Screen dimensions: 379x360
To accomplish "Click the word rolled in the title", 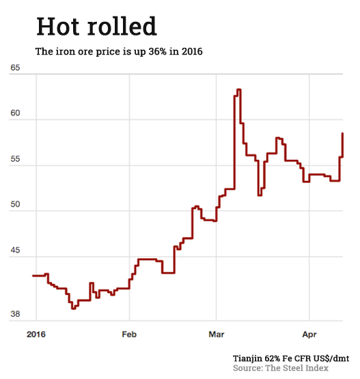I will (x=124, y=27).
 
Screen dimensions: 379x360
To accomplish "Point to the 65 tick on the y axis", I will (x=15, y=69).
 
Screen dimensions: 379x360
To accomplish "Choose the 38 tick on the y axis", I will (x=15, y=315).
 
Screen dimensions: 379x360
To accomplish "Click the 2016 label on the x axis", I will (x=35, y=335).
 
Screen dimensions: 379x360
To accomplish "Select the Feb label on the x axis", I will (x=129, y=335).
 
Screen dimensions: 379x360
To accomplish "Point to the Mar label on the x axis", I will (x=217, y=335).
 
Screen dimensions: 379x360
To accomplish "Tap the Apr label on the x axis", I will (x=309, y=335).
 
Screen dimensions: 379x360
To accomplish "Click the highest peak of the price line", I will (x=238, y=89).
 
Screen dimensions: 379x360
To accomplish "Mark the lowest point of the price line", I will (x=74, y=308).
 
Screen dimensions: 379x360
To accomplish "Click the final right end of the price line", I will (x=342, y=133).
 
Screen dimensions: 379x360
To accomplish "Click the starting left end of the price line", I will (x=33, y=275).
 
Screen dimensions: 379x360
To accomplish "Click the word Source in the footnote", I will (x=249, y=368).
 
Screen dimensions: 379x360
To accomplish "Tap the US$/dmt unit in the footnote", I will (x=331, y=358).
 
